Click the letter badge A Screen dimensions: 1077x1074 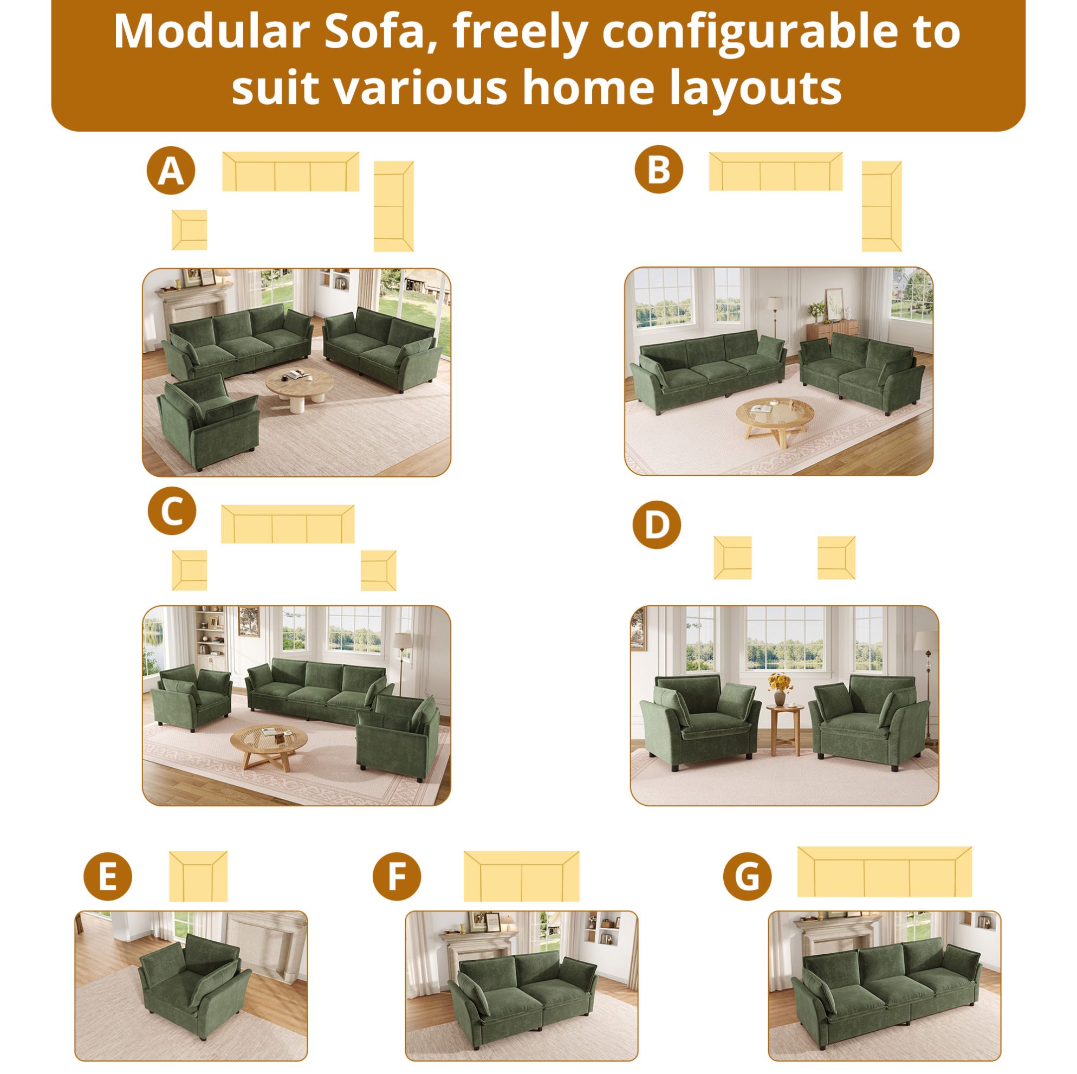pyautogui.click(x=171, y=171)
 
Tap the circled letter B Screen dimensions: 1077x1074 pyautogui.click(x=658, y=170)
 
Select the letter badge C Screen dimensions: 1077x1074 pyautogui.click(x=172, y=511)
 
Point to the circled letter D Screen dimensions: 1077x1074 pyautogui.click(x=657, y=525)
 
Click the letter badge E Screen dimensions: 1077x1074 pyautogui.click(x=108, y=876)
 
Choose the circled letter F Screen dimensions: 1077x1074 pyautogui.click(x=397, y=876)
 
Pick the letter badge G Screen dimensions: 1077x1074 pyautogui.click(x=747, y=876)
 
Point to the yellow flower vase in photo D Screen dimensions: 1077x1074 pyautogui.click(x=780, y=689)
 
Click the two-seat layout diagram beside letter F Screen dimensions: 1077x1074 pyautogui.click(x=521, y=876)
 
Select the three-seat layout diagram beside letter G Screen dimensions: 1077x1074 pyautogui.click(x=884, y=871)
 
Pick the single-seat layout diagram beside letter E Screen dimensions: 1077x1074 pyautogui.click(x=198, y=876)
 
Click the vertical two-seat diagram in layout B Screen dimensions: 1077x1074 pyautogui.click(x=881, y=206)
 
